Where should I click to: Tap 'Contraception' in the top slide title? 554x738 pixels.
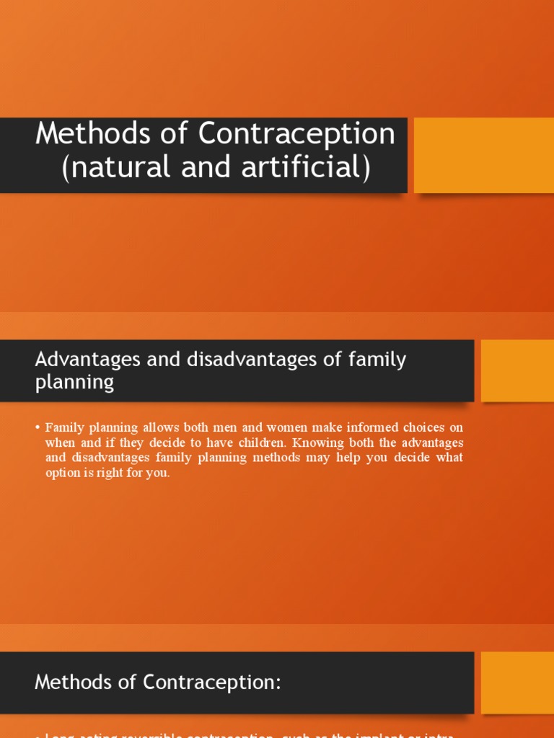pyautogui.click(x=296, y=134)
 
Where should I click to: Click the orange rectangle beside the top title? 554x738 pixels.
pyautogui.click(x=483, y=155)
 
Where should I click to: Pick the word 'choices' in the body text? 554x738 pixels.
pyautogui.click(x=415, y=427)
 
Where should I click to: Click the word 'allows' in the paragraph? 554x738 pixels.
pyautogui.click(x=163, y=427)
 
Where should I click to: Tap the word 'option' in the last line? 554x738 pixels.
pyautogui.click(x=63, y=474)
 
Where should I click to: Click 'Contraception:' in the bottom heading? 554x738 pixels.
pyautogui.click(x=204, y=682)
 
